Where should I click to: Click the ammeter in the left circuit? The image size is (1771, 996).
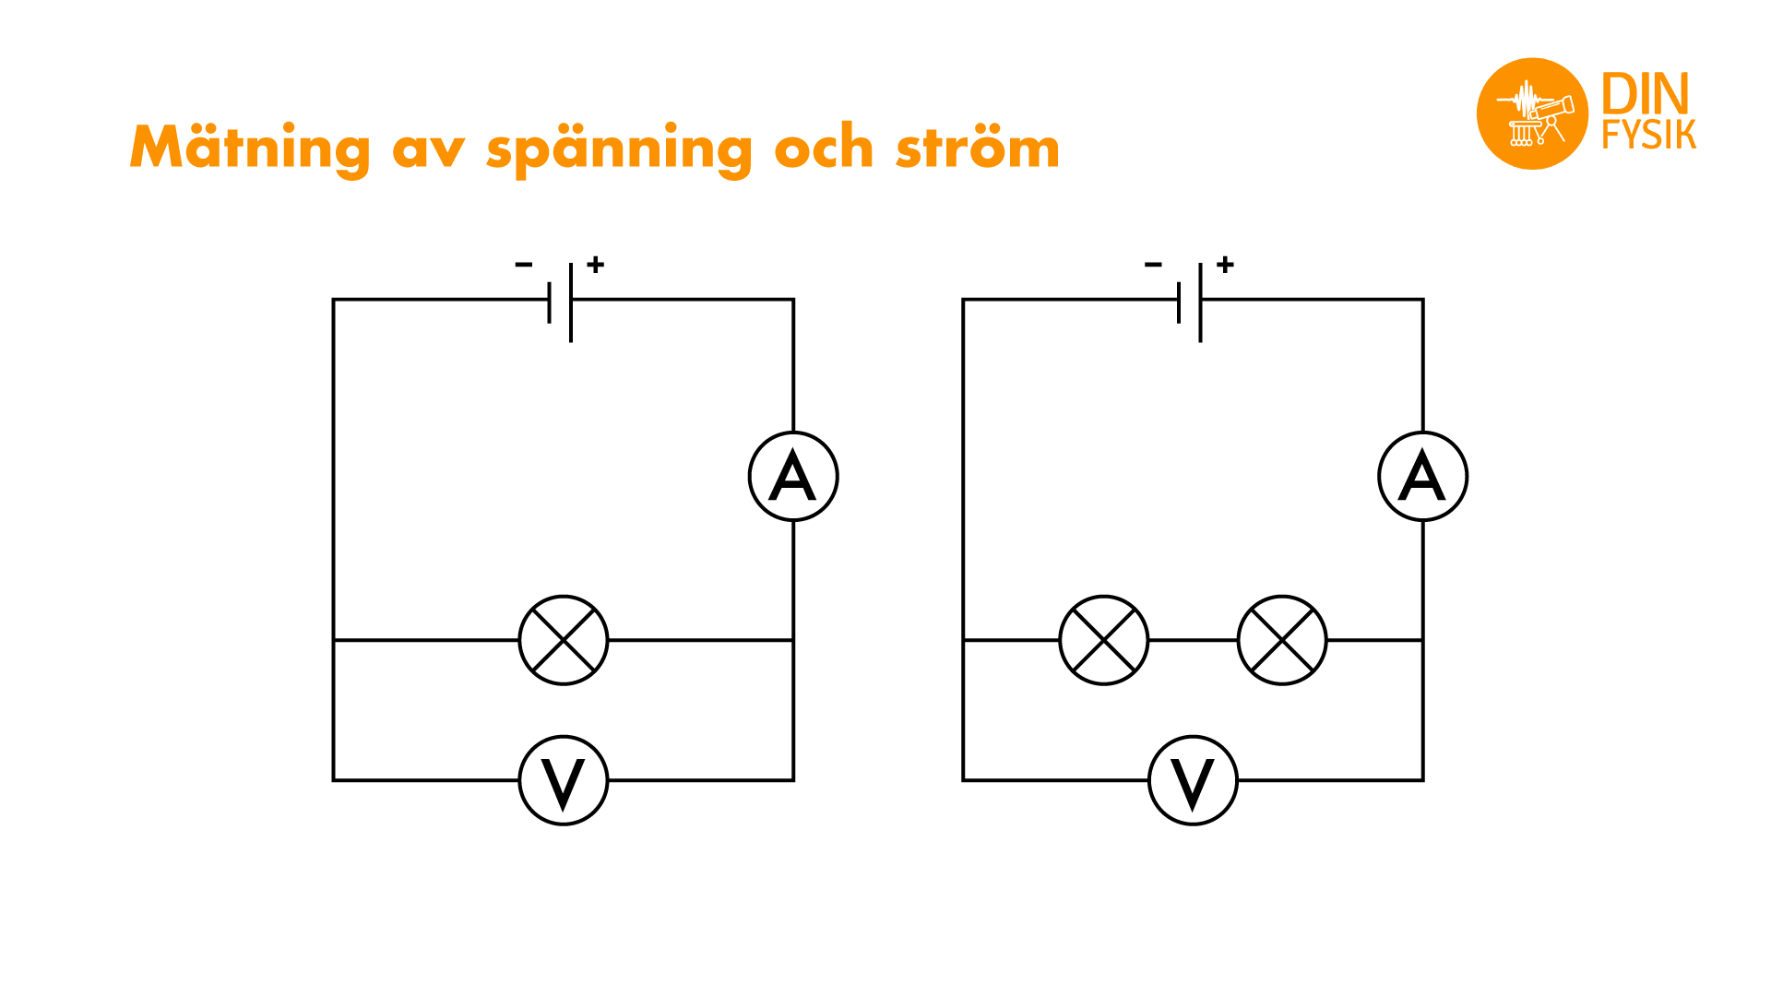click(793, 477)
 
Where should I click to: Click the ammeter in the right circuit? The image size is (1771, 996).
click(1423, 477)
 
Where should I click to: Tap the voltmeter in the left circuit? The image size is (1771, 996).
click(564, 780)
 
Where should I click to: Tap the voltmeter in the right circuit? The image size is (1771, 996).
click(1194, 780)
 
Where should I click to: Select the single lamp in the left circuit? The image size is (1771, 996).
click(564, 640)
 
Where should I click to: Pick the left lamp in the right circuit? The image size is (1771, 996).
click(1104, 640)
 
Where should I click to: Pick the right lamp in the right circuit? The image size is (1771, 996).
click(1282, 640)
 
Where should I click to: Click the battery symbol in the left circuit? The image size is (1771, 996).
click(560, 302)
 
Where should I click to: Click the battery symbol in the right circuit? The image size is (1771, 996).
click(1190, 302)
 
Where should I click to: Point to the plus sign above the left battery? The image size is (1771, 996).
click(596, 265)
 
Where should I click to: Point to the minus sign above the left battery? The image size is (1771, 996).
click(524, 265)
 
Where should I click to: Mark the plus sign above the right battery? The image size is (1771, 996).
click(1226, 265)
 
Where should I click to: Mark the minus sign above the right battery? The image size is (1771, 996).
click(1154, 265)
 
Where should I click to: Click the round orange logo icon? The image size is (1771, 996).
click(1532, 113)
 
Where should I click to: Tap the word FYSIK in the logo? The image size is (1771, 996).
click(1649, 135)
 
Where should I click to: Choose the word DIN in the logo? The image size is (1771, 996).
click(1646, 94)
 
